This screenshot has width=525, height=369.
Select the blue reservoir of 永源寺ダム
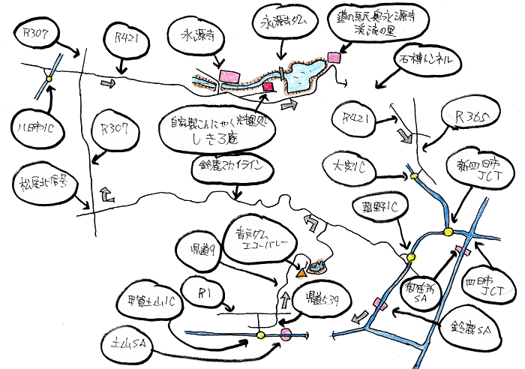[x=304, y=74]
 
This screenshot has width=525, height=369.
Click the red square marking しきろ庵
[x=265, y=88]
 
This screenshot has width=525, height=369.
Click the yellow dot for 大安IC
[x=413, y=176]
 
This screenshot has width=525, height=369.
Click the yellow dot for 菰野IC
[x=410, y=257]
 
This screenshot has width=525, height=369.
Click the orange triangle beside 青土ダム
[x=301, y=274]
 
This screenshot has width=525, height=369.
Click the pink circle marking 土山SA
[x=285, y=334]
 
